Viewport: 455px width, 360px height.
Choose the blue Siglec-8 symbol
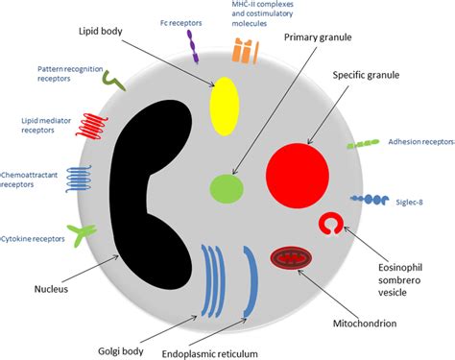369,199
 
